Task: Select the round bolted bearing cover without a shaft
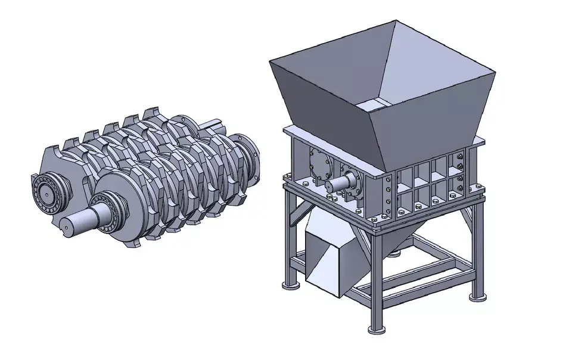tap(319, 162)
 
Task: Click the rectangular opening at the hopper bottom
tap(378, 105)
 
